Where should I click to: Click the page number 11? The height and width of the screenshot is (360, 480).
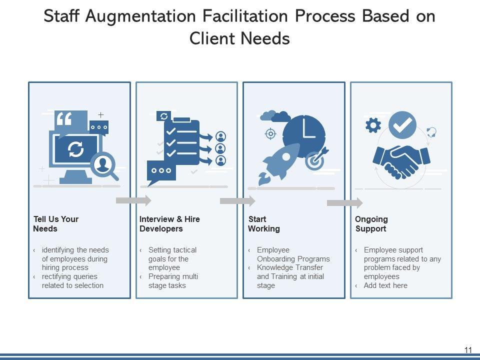[x=468, y=349]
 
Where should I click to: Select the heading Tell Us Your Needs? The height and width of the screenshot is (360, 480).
[x=55, y=224]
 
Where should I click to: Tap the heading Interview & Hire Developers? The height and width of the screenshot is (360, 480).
[x=169, y=224]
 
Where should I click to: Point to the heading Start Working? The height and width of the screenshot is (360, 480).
[x=264, y=224]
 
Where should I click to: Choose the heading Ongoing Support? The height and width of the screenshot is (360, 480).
[x=371, y=224]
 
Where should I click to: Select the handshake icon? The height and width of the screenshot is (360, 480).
[x=401, y=160]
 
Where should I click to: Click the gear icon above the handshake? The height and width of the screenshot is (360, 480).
[x=373, y=125]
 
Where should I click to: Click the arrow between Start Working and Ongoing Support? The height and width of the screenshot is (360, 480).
[x=345, y=203]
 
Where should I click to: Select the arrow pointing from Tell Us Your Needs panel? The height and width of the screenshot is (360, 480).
[x=133, y=200]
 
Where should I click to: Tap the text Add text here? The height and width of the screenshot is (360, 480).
[x=385, y=285]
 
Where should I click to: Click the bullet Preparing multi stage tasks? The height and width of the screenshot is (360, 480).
[x=173, y=281]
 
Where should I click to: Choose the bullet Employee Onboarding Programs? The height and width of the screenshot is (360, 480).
[x=293, y=254]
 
